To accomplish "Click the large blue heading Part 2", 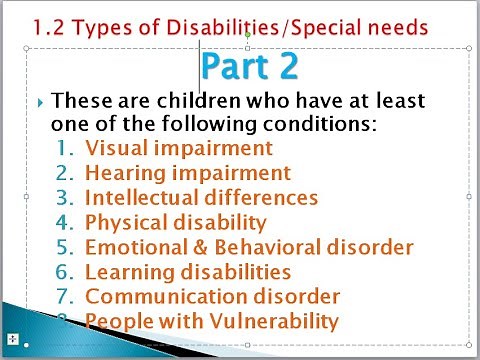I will (x=249, y=66).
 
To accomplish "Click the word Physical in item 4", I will (x=125, y=222).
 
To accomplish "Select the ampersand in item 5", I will (x=196, y=246).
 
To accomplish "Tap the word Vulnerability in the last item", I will (x=273, y=320).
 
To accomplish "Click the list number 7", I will (x=65, y=296).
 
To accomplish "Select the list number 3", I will (x=65, y=197).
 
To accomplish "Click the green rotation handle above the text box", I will (x=247, y=36).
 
